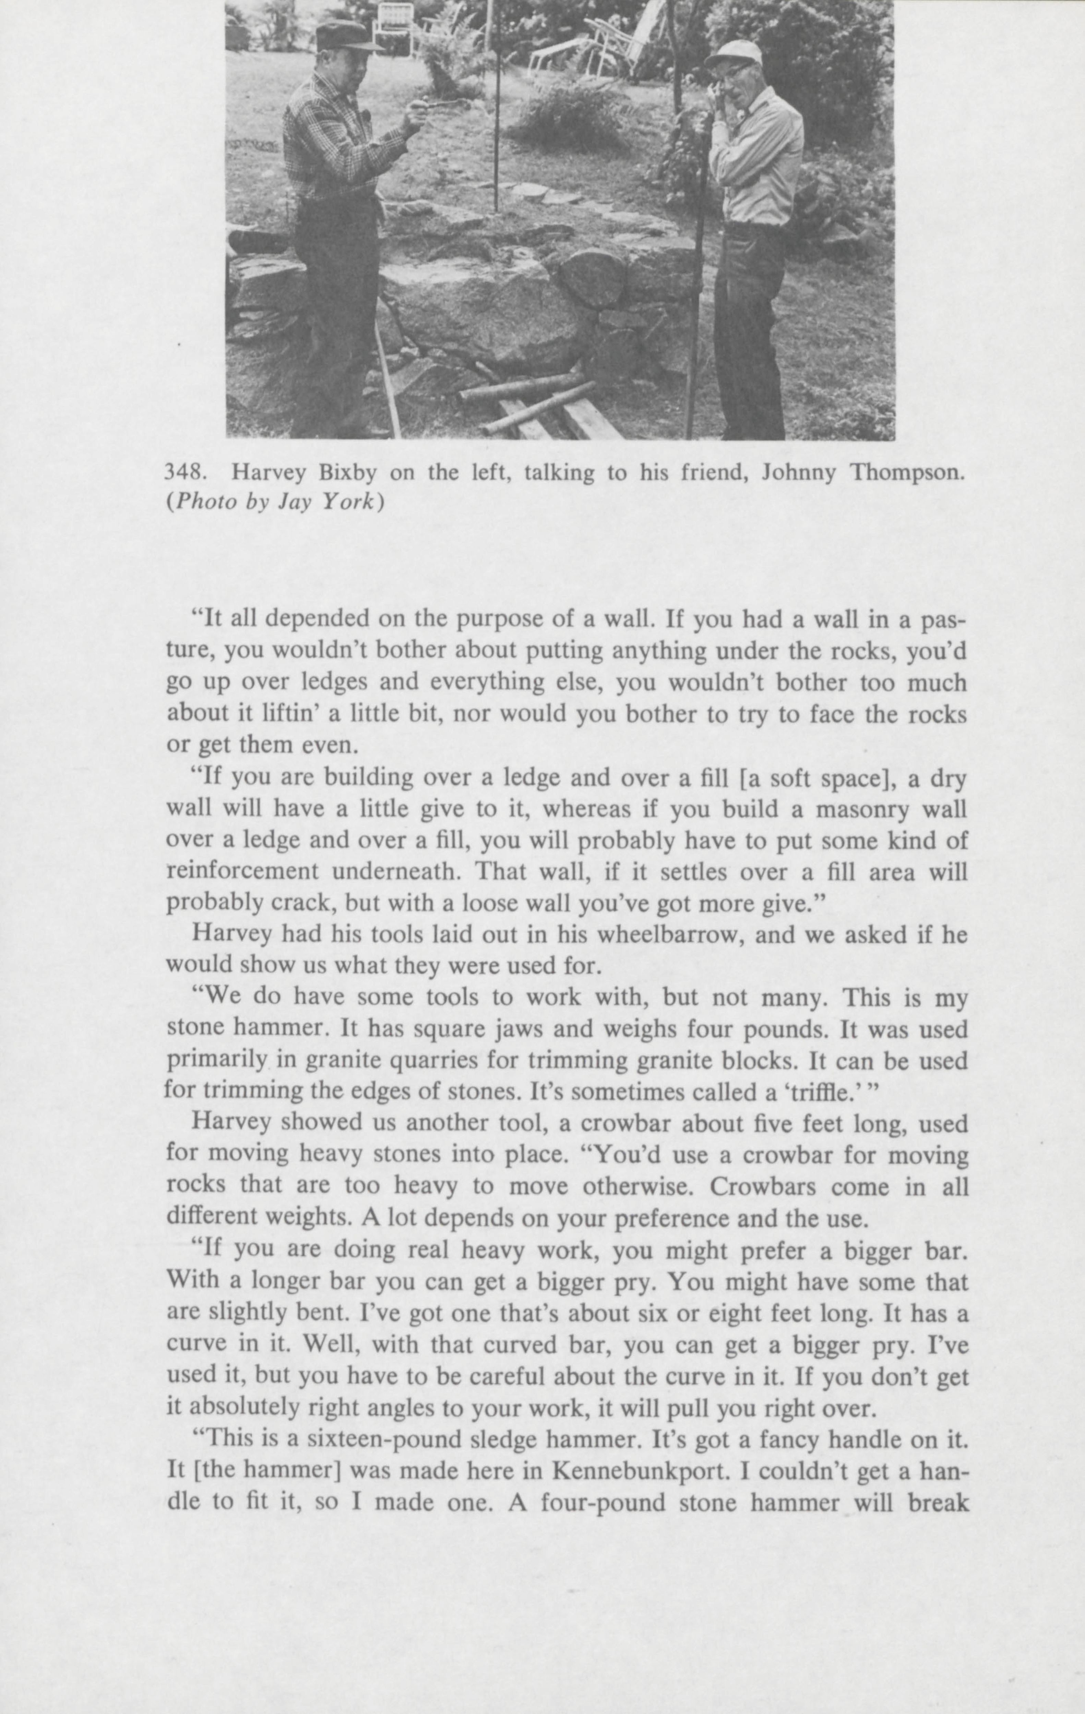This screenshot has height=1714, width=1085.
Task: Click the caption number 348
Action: (x=182, y=473)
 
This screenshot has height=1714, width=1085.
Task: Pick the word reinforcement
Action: (x=242, y=871)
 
